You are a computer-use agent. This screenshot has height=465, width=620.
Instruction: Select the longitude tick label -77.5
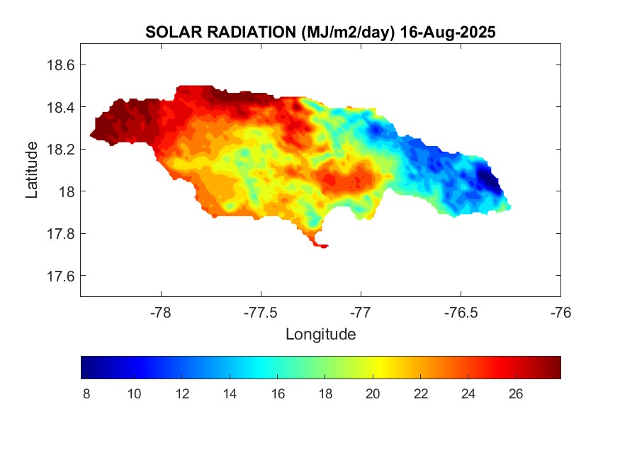261,312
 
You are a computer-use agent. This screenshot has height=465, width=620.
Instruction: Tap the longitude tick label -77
361,312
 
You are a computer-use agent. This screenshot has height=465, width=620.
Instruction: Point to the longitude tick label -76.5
461,312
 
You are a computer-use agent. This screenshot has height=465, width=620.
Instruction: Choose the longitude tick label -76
560,312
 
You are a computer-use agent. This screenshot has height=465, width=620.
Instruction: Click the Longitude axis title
320,334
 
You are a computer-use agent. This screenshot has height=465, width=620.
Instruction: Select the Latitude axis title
32,170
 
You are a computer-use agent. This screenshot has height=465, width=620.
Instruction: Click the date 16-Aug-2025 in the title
447,33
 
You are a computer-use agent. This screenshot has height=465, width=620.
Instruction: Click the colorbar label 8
86,394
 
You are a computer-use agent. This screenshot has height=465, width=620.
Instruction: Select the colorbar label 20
373,394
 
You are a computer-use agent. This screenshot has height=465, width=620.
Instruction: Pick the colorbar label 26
516,394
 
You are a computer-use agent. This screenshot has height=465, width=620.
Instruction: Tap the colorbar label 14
230,394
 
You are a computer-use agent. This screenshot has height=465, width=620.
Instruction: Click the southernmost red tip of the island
323,247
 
